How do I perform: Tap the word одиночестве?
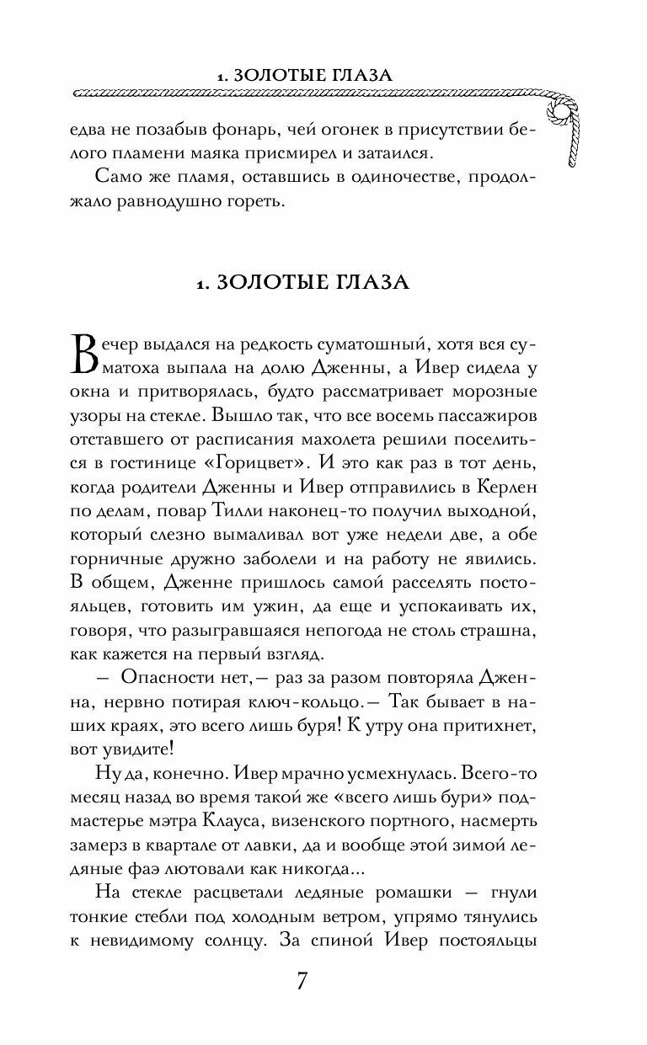pyautogui.click(x=365, y=182)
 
